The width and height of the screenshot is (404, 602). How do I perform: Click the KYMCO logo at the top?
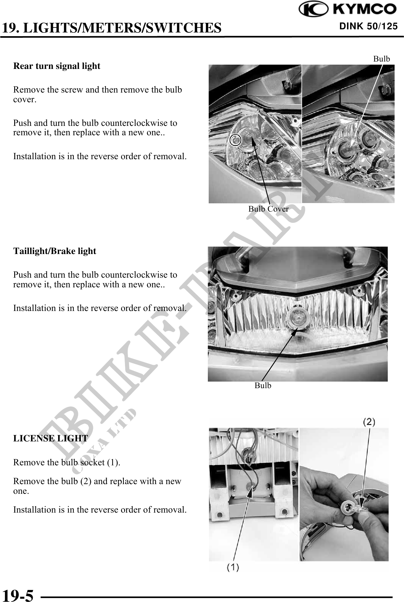(348, 9)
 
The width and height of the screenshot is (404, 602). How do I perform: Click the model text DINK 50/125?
(368, 26)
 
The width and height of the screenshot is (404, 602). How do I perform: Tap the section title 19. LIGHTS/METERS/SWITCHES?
(111, 28)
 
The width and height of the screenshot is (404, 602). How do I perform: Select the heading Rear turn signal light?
(57, 66)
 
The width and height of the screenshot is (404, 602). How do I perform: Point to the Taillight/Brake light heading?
(55, 251)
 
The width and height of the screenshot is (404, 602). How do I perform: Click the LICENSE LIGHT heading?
(50, 438)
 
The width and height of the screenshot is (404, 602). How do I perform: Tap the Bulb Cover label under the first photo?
(268, 209)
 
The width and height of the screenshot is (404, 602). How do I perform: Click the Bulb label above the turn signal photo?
(382, 59)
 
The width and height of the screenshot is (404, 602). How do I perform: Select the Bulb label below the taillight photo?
(263, 386)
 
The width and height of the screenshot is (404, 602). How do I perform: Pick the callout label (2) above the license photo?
(369, 422)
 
